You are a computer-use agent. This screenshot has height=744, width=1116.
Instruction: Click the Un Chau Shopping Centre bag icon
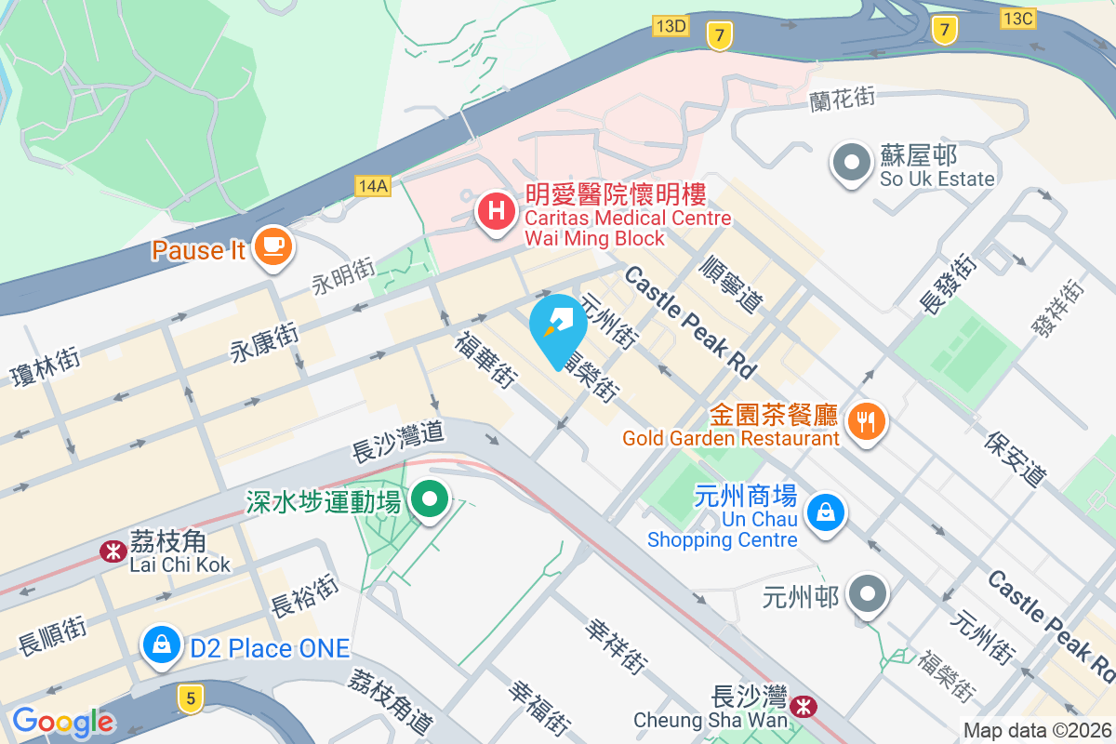(x=824, y=511)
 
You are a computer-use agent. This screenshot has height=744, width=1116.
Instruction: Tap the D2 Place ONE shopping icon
(x=162, y=644)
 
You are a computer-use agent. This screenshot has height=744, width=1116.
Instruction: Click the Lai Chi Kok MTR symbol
(x=113, y=551)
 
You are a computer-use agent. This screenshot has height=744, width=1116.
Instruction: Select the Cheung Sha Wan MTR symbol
(x=802, y=709)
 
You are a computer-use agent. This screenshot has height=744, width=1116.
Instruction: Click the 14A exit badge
(x=372, y=186)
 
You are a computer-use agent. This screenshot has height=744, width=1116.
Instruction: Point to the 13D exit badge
(x=670, y=26)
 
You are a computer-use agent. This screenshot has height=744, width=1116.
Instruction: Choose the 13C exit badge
(x=1018, y=18)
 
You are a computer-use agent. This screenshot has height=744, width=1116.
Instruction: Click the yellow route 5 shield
(x=191, y=697)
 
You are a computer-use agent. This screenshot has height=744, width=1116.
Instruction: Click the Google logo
(x=63, y=722)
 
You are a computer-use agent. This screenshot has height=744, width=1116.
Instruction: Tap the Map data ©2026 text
(x=1037, y=731)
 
